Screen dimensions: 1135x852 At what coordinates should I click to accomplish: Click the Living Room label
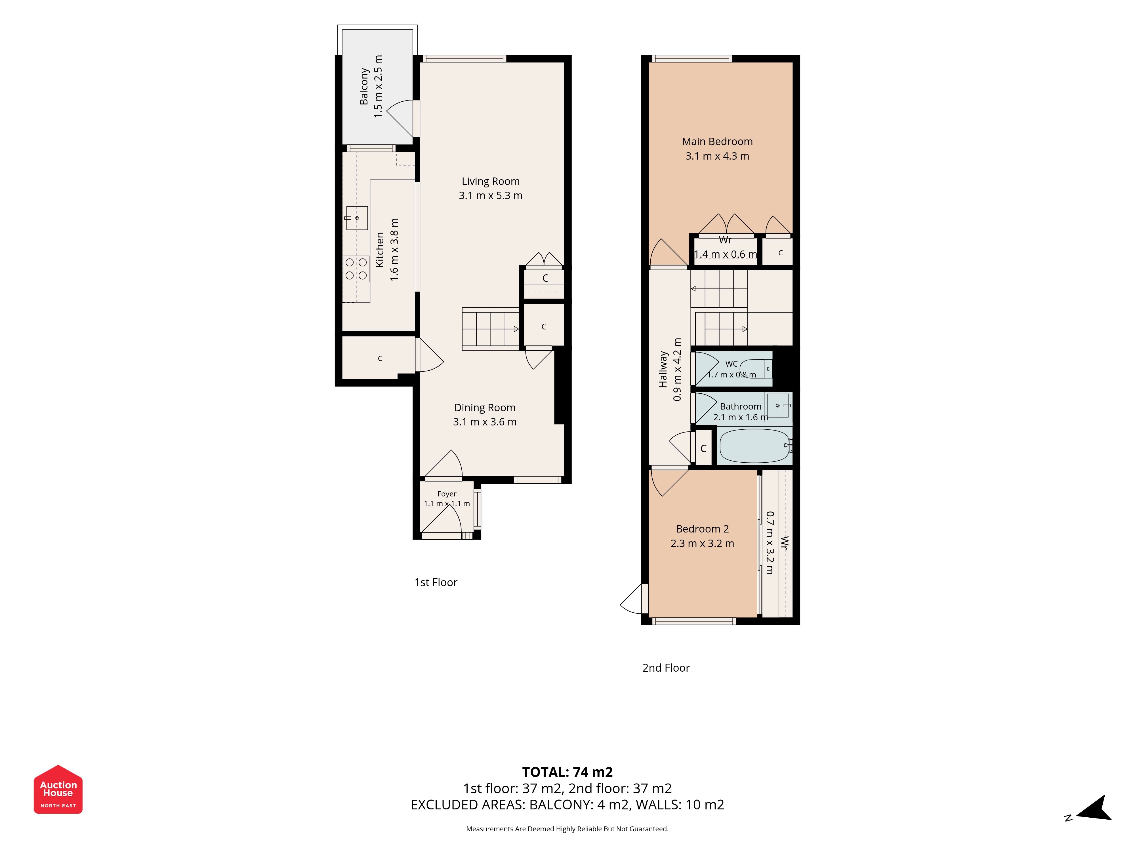tap(491, 181)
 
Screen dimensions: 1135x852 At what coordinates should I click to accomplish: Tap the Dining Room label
tap(485, 408)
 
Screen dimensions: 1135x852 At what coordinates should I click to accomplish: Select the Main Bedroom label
tap(717, 142)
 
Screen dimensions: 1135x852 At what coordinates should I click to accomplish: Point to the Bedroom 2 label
tap(703, 529)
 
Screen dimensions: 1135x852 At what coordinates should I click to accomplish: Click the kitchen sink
tap(357, 218)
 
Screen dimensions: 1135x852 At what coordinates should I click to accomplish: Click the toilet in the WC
tap(755, 368)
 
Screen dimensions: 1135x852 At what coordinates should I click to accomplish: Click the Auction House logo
tap(58, 789)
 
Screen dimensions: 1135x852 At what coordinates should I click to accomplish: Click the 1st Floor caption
tap(436, 582)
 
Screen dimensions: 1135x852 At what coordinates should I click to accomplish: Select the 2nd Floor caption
tap(666, 668)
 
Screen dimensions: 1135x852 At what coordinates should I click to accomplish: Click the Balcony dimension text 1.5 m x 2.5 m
tap(378, 86)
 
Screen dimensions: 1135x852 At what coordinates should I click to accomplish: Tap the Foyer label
tap(447, 494)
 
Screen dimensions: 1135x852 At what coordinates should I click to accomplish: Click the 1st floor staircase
tap(491, 329)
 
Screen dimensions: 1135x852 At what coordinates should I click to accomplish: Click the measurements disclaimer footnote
tap(567, 829)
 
